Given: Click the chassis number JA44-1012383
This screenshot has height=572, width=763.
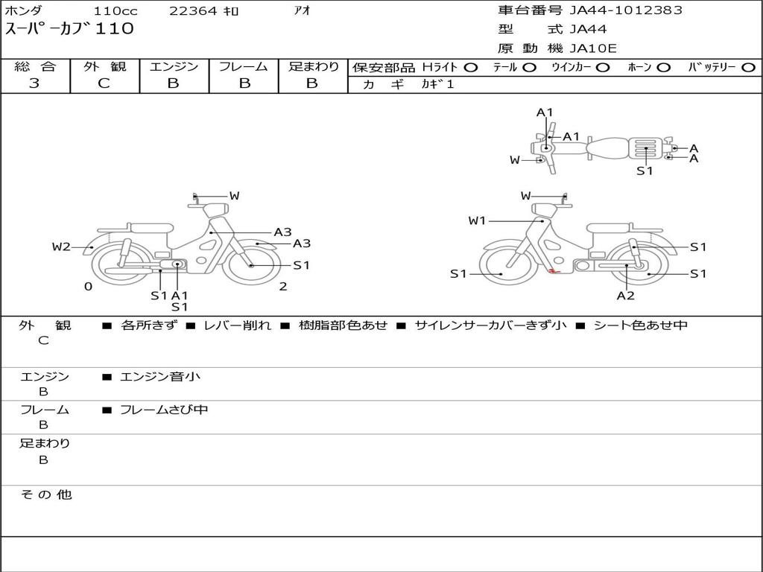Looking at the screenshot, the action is coord(626,10).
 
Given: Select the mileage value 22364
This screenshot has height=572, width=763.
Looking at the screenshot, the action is coord(193,10).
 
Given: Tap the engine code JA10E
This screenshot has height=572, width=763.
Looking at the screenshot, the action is coord(592,48).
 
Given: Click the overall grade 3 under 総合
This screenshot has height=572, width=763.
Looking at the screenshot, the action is coord(34,83).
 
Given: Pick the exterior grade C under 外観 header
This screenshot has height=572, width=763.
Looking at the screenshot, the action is coord(104,83).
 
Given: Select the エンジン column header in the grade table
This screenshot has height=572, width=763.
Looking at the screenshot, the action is coord(174,66).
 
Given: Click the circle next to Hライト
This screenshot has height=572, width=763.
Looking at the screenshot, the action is coord(471,68).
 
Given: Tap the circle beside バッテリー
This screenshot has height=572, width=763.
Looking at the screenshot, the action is coord(748,68).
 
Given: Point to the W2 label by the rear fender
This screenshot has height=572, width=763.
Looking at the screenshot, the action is coord(61,247).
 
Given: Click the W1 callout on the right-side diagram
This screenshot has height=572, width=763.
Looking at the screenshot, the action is coord(477,220).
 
